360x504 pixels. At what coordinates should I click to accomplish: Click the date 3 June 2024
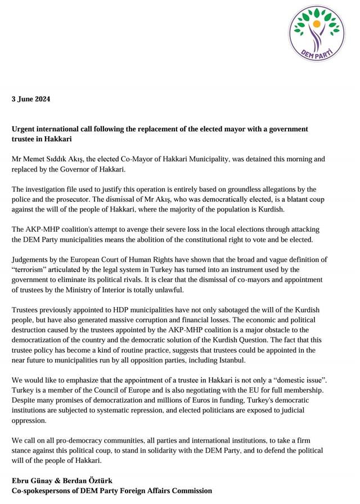(x=31, y=99)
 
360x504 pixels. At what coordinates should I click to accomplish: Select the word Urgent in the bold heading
(x=25, y=129)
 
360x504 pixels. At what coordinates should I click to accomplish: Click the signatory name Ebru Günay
(x=33, y=480)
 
